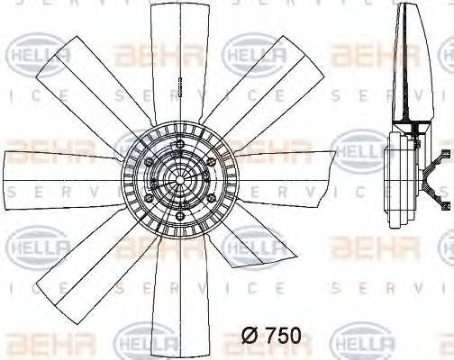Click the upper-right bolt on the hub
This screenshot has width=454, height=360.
click(204, 154)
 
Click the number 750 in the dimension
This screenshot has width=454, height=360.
click(281, 335)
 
